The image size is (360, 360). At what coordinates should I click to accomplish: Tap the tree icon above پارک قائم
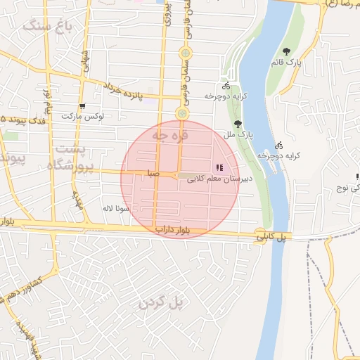tap(288, 51)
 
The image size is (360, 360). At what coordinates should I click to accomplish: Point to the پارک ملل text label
tap(238, 133)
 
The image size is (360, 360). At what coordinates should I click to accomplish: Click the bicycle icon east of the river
tap(279, 144)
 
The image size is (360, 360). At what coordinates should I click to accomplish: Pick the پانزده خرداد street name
tap(123, 90)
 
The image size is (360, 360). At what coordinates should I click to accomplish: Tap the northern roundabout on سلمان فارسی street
tap(184, 53)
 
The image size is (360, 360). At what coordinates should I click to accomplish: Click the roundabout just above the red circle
tap(181, 112)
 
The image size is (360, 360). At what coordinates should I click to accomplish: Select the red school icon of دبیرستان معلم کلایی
tap(219, 167)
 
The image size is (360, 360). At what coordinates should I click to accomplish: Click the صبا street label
tap(153, 173)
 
